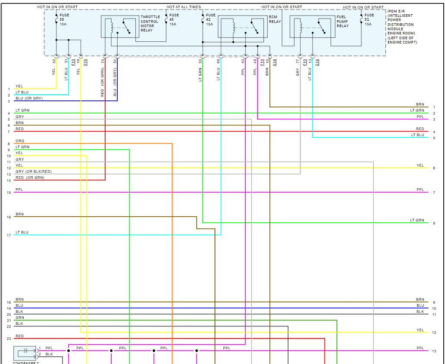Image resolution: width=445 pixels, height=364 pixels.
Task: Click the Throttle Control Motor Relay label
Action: [150, 24]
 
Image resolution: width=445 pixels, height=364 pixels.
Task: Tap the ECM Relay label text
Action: [275, 19]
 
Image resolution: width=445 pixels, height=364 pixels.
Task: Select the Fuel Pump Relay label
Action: [343, 22]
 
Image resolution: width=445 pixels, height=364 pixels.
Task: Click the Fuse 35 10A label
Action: [64, 19]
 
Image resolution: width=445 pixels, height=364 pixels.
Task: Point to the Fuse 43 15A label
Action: [174, 19]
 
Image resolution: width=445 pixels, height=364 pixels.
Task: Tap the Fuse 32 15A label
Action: [369, 19]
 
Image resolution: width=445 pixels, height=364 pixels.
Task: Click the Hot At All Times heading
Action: [184, 7]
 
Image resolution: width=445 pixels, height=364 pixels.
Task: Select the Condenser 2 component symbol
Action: [25, 353]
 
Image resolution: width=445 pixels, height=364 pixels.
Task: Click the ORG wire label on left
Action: [20, 141]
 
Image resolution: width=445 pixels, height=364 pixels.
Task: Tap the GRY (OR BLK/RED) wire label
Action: [33, 171]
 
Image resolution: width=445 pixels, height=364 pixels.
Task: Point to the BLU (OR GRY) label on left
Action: [29, 98]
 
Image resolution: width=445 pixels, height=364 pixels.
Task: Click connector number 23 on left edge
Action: [9, 339]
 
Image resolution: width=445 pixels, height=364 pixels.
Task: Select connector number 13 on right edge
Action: [434, 351]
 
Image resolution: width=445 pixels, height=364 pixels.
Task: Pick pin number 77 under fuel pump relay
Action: [298, 62]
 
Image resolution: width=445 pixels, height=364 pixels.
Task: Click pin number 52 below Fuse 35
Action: [54, 61]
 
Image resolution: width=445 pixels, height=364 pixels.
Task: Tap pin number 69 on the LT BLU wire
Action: [219, 61]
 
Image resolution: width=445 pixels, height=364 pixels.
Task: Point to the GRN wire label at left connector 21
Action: [20, 317]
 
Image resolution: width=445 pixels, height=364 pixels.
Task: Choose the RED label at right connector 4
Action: [420, 129]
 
